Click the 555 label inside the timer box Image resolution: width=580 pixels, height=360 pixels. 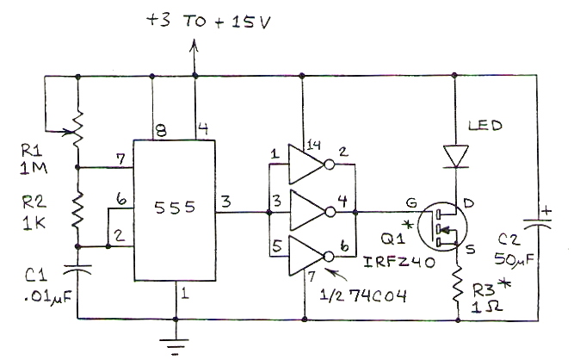click(175, 208)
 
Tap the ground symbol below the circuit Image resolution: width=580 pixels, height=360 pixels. click(176, 343)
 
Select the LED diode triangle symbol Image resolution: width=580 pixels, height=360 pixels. click(456, 156)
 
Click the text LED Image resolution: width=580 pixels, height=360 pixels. click(485, 126)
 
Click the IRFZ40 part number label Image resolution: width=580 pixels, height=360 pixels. click(399, 262)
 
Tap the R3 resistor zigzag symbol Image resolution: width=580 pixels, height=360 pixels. click(458, 283)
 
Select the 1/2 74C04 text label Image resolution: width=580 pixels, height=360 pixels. click(363, 295)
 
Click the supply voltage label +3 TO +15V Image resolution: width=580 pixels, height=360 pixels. click(208, 22)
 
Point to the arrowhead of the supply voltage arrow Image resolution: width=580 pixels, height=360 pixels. click(194, 45)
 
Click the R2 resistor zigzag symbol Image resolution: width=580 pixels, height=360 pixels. click(77, 210)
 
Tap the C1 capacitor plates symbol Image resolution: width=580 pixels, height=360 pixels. click(77, 270)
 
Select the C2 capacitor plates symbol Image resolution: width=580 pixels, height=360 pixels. click(538, 223)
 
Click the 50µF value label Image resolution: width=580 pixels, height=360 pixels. click(514, 259)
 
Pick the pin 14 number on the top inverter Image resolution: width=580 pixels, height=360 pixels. click(313, 145)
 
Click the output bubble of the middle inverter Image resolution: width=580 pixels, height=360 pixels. click(330, 212)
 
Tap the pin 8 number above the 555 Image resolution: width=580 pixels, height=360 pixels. click(161, 130)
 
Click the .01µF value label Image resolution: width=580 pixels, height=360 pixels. click(48, 297)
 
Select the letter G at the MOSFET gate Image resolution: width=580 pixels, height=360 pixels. click(411, 202)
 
